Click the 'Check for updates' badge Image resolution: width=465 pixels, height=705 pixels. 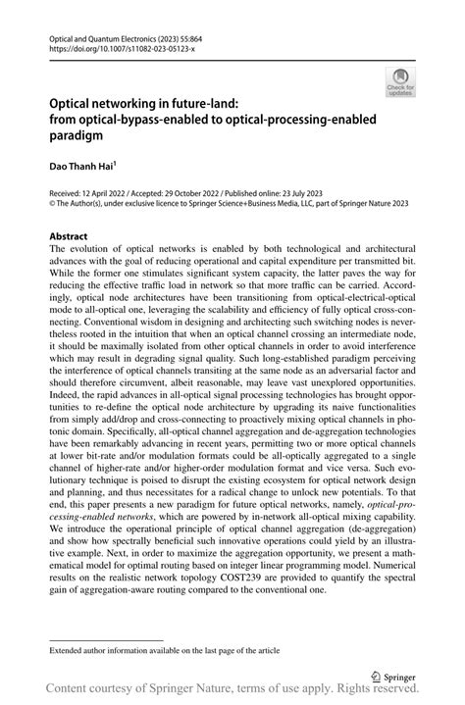[x=400, y=83]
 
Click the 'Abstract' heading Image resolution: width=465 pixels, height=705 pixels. [x=70, y=237]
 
